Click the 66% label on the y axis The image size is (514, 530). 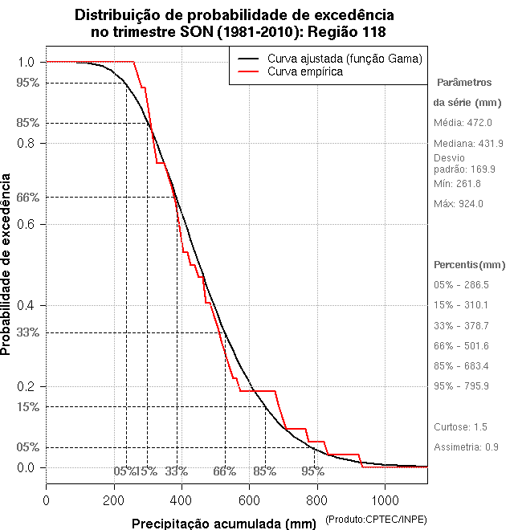28,197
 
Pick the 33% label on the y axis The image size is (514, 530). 28,332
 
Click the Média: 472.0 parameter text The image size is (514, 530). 463,122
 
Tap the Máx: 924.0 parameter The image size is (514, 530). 458,204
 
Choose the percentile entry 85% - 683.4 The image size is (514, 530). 461,366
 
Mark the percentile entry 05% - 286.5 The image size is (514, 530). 461,285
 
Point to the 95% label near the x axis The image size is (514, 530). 313,471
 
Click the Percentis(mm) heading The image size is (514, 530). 470,265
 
